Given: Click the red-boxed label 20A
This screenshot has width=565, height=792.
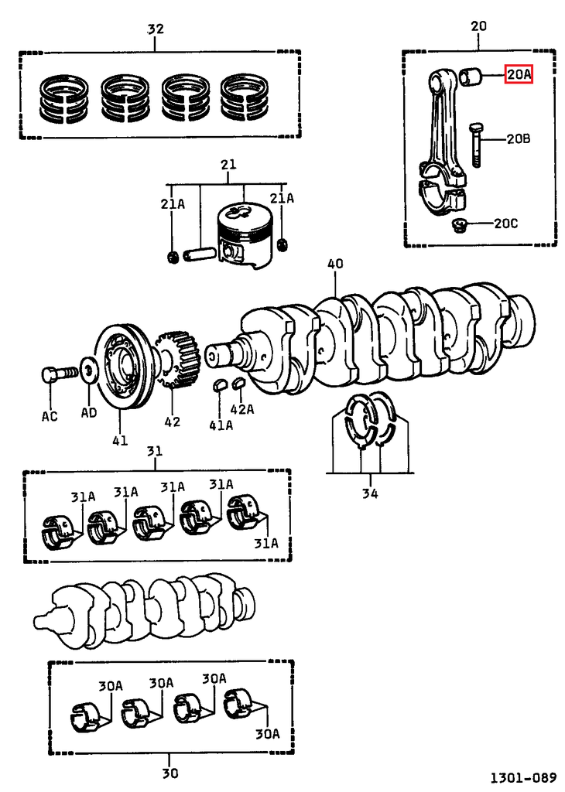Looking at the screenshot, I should click(519, 74).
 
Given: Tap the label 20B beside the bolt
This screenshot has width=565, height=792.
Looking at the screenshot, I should click(518, 139).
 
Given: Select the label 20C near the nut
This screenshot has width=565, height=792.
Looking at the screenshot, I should click(505, 224).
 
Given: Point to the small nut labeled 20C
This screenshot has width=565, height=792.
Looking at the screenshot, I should click(458, 226).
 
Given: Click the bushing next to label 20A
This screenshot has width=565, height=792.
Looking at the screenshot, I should click(471, 77).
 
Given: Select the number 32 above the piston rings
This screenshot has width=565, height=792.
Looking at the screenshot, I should click(156, 29).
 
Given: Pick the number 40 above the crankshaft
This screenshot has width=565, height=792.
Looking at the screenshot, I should click(334, 264).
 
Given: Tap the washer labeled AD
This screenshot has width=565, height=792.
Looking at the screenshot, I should click(89, 372).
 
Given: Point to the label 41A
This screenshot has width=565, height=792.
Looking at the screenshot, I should click(221, 425).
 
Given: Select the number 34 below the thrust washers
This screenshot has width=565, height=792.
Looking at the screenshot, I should click(370, 493).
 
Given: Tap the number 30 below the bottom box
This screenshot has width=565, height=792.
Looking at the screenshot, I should click(170, 772).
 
